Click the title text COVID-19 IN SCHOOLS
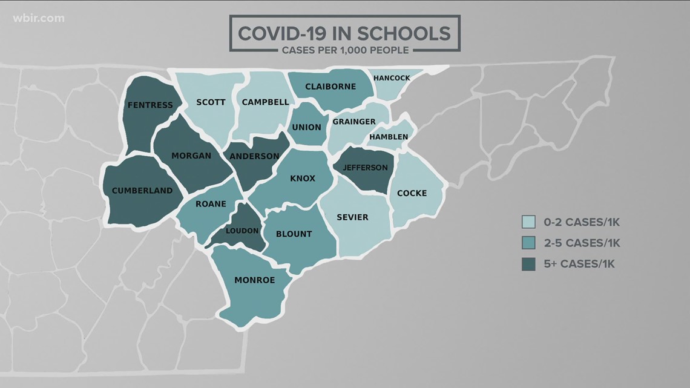(343, 32)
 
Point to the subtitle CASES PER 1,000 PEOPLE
(343, 50)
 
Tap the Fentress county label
(150, 105)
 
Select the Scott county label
(211, 102)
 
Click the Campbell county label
(265, 102)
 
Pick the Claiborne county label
(330, 87)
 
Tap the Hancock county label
(392, 78)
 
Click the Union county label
(307, 128)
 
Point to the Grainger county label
(354, 122)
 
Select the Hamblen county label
(389, 137)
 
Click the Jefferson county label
(365, 168)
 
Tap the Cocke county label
(412, 193)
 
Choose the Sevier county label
(352, 217)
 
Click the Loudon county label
(242, 231)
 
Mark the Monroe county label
(254, 280)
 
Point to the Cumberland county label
(142, 191)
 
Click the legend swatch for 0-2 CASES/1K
(528, 222)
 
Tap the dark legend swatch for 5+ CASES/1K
(528, 264)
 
